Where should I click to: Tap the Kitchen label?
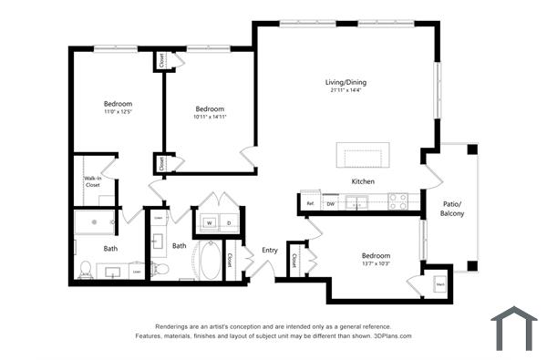363,181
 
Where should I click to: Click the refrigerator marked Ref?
310,203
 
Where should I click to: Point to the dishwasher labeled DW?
332,203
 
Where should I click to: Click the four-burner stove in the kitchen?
397,201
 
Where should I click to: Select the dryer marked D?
229,221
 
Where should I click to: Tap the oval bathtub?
208,260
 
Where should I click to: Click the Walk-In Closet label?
93,181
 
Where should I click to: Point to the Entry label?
270,250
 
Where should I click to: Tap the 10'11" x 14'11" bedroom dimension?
210,116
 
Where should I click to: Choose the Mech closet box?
439,283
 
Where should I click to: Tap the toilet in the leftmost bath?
86,269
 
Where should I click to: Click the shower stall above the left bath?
95,222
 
